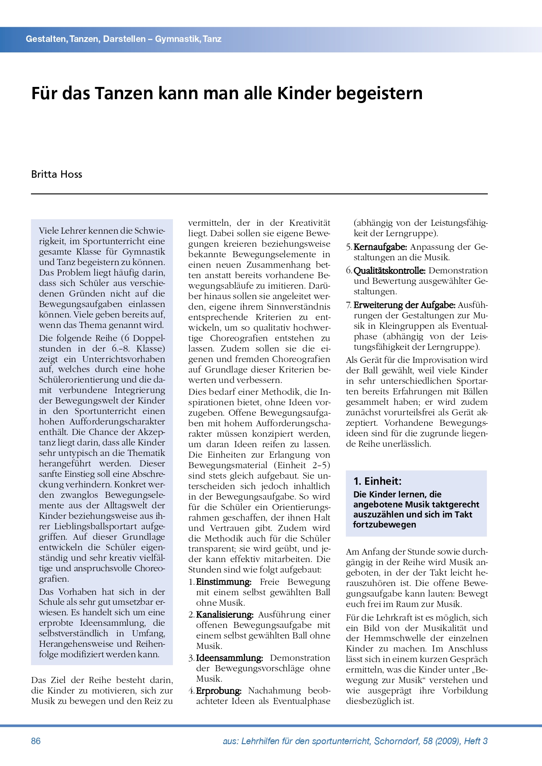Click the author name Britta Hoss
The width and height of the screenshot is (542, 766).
(56, 174)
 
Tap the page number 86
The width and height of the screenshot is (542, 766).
(36, 741)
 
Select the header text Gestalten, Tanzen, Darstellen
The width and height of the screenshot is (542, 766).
(86, 39)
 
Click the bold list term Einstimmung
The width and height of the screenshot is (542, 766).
(223, 582)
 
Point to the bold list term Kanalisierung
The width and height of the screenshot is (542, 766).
(224, 615)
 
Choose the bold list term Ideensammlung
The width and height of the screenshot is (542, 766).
(229, 658)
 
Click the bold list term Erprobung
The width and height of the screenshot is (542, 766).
(218, 691)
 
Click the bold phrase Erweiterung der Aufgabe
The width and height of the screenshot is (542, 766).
(404, 305)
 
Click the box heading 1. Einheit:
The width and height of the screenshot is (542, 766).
(377, 481)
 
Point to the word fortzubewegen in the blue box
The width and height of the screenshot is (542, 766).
(379, 524)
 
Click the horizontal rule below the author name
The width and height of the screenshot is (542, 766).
(259, 193)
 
